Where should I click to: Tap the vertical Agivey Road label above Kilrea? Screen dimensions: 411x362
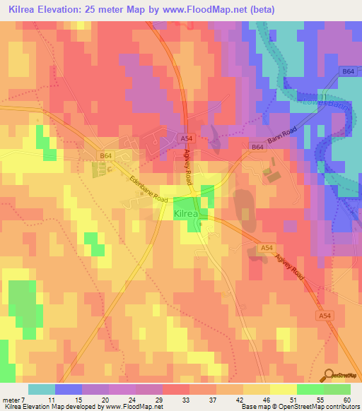[189, 167]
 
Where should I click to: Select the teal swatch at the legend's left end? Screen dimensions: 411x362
[41, 389]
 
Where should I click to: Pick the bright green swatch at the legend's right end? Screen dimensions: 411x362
[337, 389]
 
